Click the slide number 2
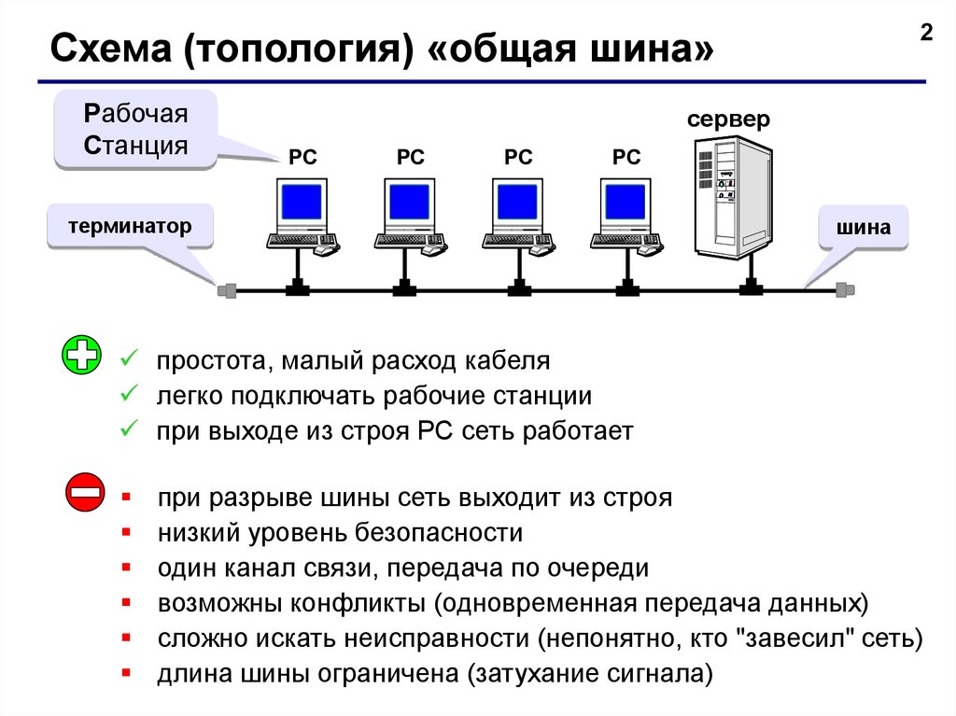[926, 33]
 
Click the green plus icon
[82, 355]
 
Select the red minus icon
[85, 492]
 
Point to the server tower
[734, 196]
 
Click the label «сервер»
[728, 119]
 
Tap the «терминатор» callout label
[130, 226]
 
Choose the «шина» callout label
[863, 227]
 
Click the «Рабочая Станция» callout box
[135, 130]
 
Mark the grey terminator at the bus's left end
[227, 290]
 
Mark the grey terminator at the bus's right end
[844, 289]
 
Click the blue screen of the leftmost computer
[302, 202]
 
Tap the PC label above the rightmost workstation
[626, 157]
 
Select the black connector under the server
[751, 287]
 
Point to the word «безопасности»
[439, 533]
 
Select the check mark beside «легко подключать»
[129, 393]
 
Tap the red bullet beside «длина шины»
[126, 673]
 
